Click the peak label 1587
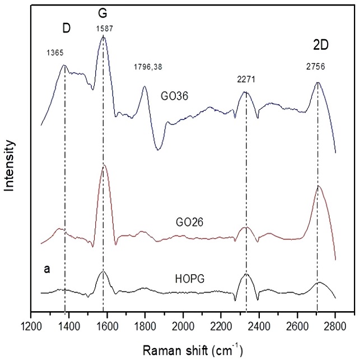(x=104, y=27)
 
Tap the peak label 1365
(x=55, y=53)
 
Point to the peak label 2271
(x=246, y=79)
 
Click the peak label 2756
(x=315, y=66)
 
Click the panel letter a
(x=48, y=270)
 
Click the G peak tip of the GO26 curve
(x=104, y=166)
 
